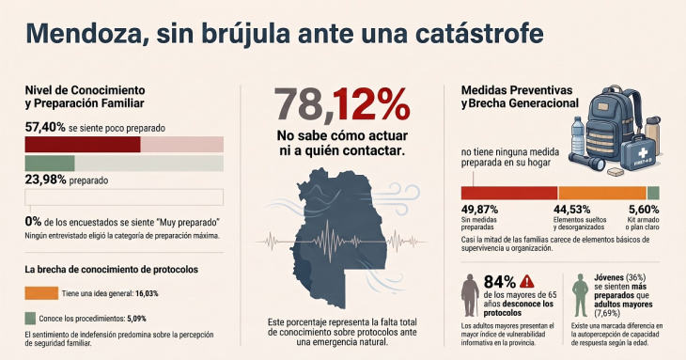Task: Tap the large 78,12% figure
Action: pos(342,104)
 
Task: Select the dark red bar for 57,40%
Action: pos(83,145)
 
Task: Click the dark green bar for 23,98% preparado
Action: pos(50,164)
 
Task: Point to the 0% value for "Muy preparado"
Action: pos(33,222)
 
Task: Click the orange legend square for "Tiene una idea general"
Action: pos(41,293)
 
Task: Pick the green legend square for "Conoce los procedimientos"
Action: pos(30,318)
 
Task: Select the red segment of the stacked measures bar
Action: pos(509,193)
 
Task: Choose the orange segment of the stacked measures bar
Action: pos(602,193)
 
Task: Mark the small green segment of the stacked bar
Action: pos(653,193)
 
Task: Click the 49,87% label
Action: pos(479,210)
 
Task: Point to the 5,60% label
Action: pos(644,210)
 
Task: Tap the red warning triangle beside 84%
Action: pos(527,281)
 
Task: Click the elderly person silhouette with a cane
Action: pos(470,295)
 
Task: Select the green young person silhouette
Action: pos(581,295)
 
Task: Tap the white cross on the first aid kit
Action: pos(642,153)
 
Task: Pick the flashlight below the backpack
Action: pos(587,161)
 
